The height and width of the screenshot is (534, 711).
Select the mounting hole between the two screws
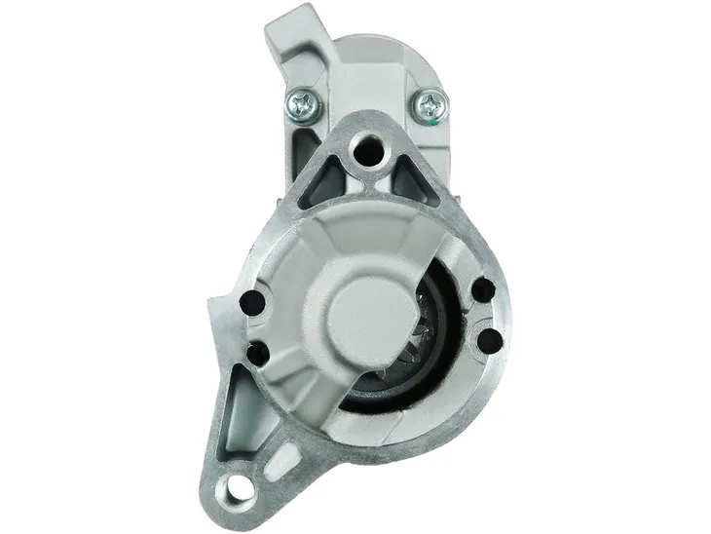coord(368,150)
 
